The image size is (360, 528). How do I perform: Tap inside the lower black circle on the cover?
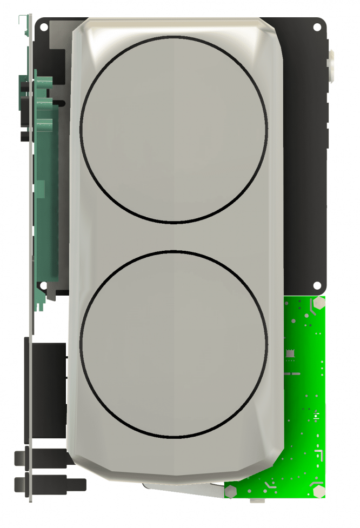(174, 344)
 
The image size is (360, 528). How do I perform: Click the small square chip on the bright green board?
(290, 353)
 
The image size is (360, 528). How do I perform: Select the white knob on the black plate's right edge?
(331, 65)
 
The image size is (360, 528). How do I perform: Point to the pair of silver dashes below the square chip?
(292, 373)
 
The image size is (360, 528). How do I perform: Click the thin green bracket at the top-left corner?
(23, 22)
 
